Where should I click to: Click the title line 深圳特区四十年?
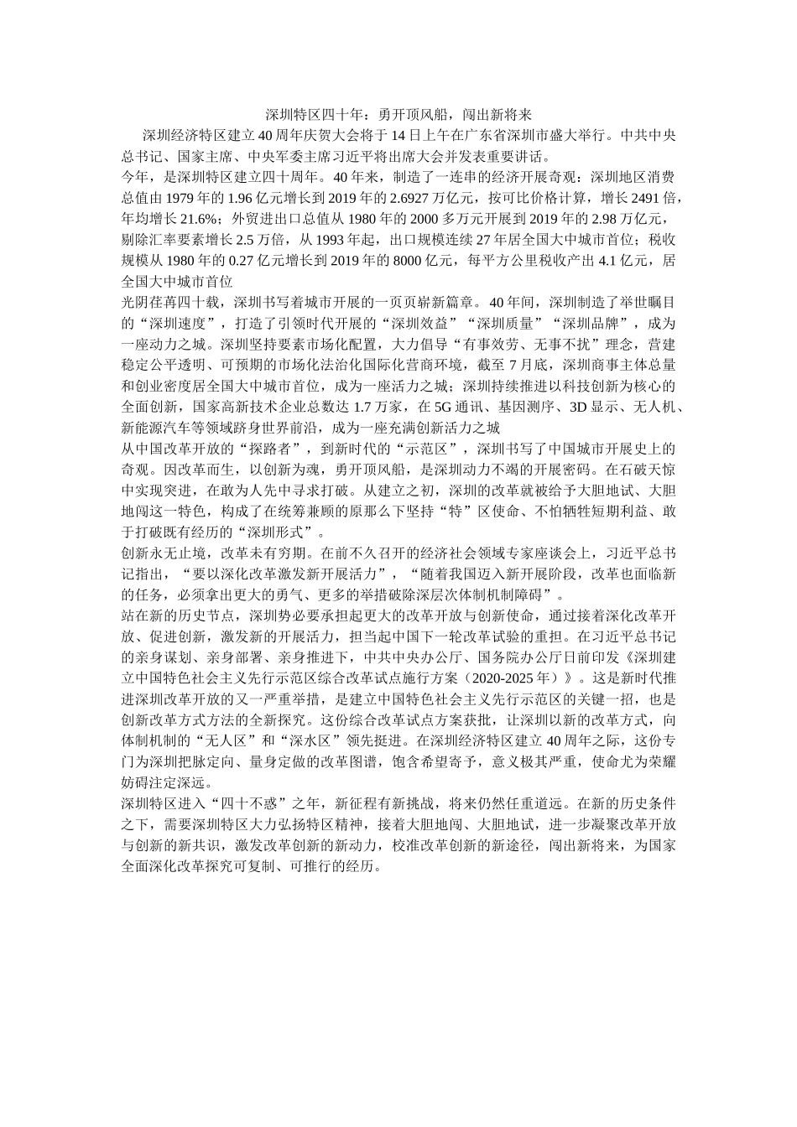398,114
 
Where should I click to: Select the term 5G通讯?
454,408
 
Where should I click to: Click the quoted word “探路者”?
276,449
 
